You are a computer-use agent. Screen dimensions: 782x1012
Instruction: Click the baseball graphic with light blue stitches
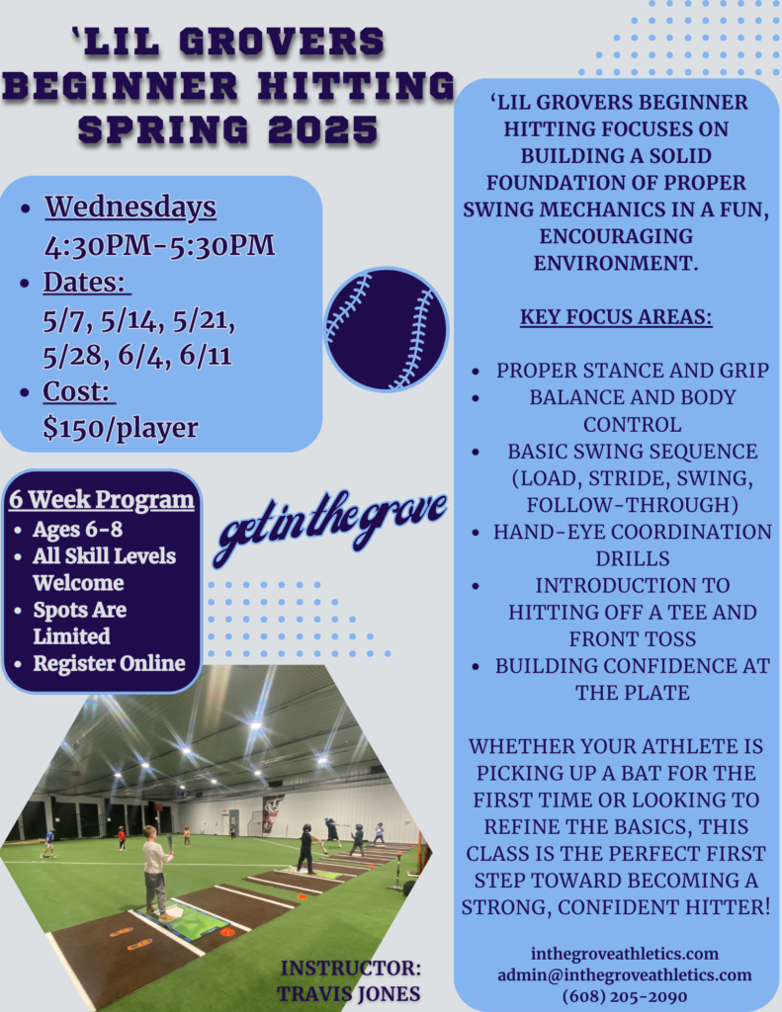pyautogui.click(x=387, y=329)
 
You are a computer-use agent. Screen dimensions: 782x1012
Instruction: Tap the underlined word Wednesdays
pyautogui.click(x=130, y=208)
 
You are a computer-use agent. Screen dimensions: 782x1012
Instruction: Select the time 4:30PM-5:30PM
pyautogui.click(x=159, y=246)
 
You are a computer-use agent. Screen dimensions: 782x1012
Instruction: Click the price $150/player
pyautogui.click(x=121, y=428)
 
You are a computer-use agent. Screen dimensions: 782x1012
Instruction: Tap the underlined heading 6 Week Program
pyautogui.click(x=102, y=499)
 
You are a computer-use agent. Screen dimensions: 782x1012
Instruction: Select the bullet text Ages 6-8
pyautogui.click(x=77, y=530)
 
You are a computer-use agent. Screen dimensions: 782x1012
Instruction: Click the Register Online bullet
pyautogui.click(x=109, y=663)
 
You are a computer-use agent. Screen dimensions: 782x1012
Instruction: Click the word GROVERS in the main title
pyautogui.click(x=282, y=42)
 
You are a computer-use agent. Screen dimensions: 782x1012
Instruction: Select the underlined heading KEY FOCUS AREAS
pyautogui.click(x=616, y=317)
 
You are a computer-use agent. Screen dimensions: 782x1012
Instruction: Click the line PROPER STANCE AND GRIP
pyautogui.click(x=632, y=371)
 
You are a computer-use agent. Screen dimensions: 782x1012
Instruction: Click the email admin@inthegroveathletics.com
pyautogui.click(x=625, y=974)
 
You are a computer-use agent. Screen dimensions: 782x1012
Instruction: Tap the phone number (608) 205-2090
pyautogui.click(x=625, y=996)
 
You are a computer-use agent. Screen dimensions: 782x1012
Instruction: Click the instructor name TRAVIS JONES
pyautogui.click(x=349, y=994)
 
